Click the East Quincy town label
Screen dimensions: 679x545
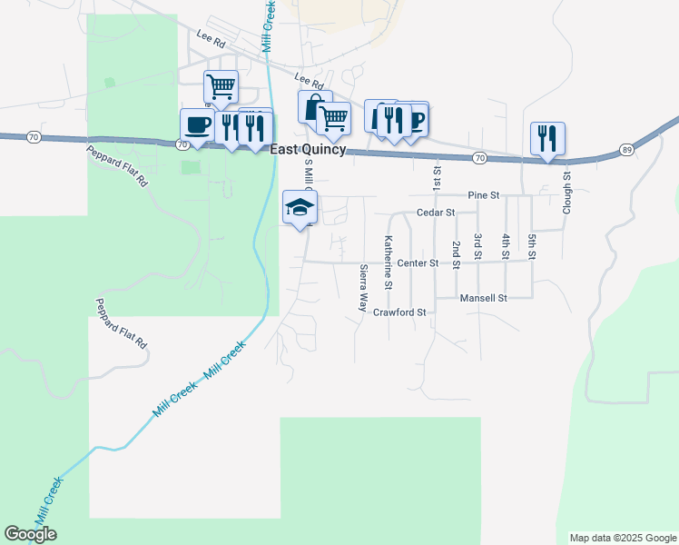point(308,150)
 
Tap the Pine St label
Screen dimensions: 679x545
point(484,195)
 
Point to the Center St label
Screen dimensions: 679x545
point(418,263)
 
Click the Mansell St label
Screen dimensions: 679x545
point(483,298)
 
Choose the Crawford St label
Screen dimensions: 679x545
point(399,312)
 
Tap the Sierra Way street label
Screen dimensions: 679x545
point(363,288)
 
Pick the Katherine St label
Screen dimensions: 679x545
point(388,263)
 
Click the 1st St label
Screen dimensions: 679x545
point(438,177)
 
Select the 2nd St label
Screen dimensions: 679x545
point(456,250)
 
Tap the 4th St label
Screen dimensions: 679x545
point(506,246)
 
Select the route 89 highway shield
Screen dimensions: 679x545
point(626,149)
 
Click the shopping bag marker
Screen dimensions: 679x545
point(313,107)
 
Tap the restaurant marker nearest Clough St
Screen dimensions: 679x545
point(547,139)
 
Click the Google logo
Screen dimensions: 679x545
point(30,534)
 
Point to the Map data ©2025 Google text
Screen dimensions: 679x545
point(623,538)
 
